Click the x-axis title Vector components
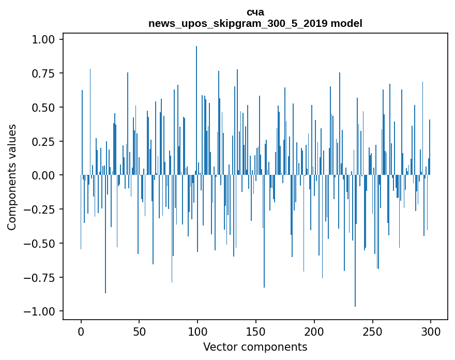click(255, 347)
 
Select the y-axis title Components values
click(12, 177)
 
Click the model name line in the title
click(255, 23)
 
